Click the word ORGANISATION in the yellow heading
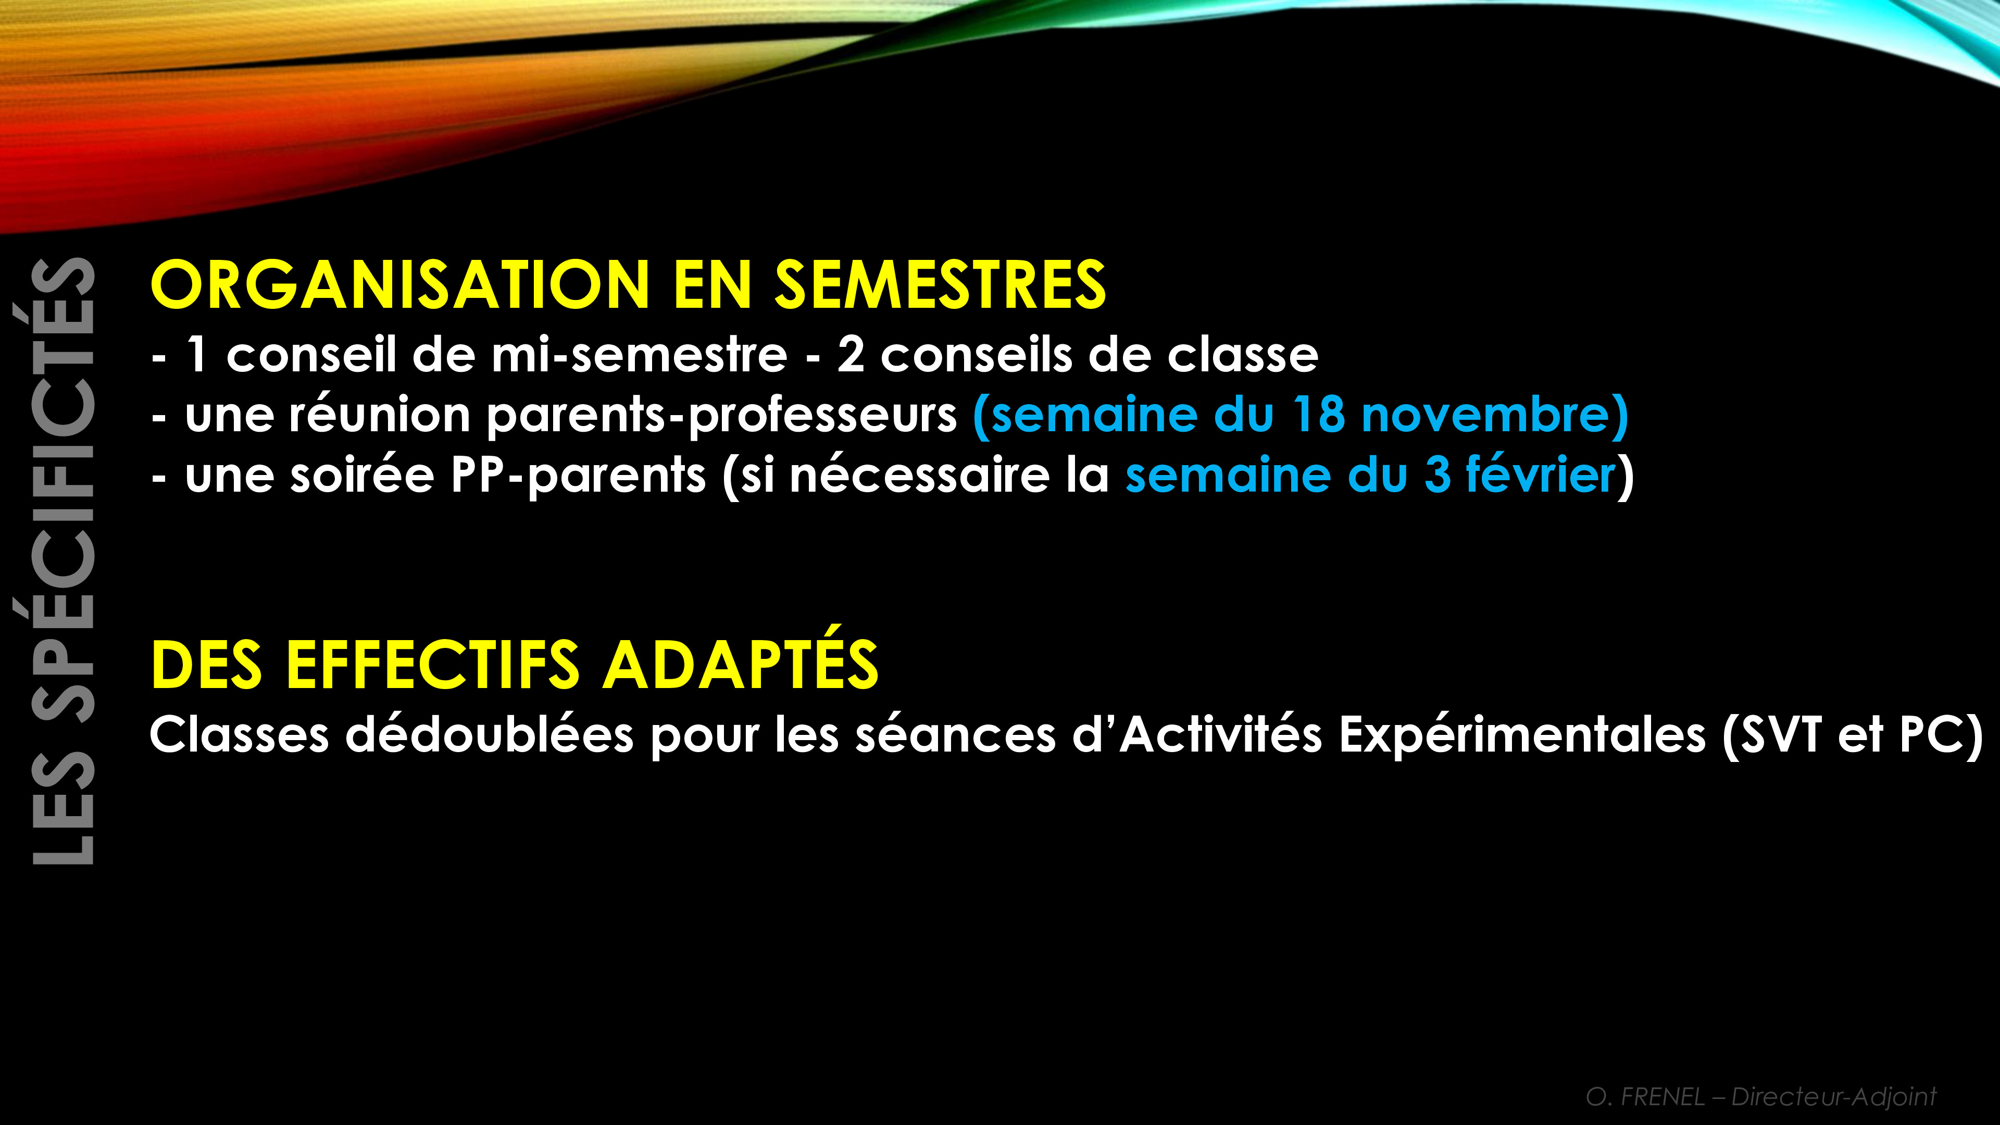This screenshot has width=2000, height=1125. pos(400,284)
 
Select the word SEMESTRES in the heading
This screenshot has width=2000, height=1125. pos(940,284)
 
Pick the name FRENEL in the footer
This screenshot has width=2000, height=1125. pos(1663,1096)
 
